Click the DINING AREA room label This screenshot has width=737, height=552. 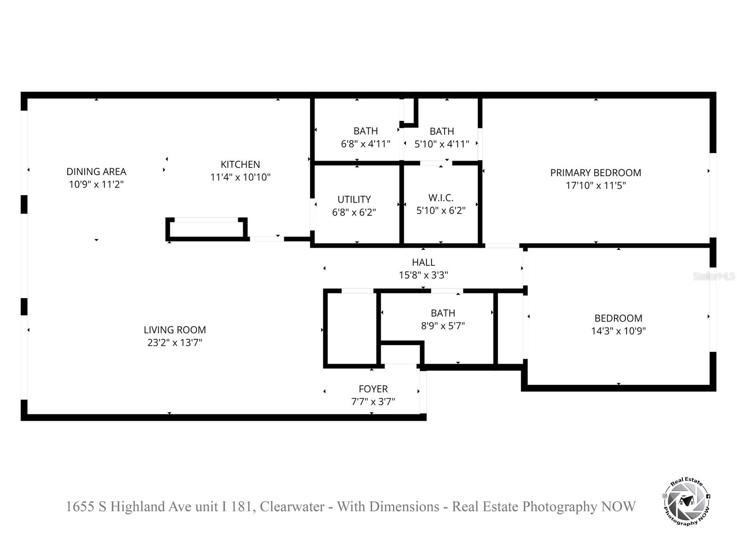[x=96, y=172]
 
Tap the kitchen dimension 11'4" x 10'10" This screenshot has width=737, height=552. [x=240, y=177]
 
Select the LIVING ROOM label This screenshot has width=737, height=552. [x=175, y=330]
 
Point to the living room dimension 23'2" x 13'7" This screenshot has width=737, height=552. [x=175, y=343]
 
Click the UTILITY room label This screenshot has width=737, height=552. [x=354, y=199]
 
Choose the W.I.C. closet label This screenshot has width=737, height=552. [x=441, y=198]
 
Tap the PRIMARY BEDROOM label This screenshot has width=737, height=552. [x=595, y=172]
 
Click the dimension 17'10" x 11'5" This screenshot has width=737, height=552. [x=595, y=185]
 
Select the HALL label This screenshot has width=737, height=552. [x=423, y=262]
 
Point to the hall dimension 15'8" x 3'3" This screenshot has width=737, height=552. [x=423, y=275]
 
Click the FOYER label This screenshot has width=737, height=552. [x=373, y=389]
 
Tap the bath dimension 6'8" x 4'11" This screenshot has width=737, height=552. [x=365, y=144]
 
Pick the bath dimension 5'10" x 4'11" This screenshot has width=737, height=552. [x=441, y=144]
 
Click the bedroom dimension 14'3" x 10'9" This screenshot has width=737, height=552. [x=618, y=331]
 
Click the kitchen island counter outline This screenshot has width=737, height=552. [x=207, y=229]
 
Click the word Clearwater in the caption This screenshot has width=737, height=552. [x=292, y=506]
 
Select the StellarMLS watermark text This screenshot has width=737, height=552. [x=714, y=276]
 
